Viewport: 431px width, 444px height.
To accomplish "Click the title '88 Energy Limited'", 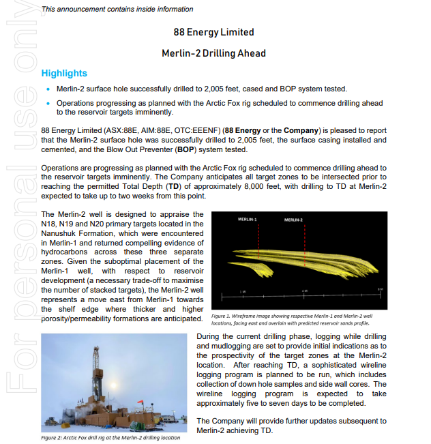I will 213,32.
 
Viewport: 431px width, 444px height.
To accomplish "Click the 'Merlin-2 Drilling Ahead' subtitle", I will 213,53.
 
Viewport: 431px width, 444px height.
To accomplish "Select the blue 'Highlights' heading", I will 64,73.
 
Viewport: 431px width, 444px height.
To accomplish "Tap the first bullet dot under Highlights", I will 47,89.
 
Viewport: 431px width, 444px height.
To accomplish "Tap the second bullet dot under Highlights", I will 47,104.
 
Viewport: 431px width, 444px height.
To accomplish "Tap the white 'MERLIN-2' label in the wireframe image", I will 294,220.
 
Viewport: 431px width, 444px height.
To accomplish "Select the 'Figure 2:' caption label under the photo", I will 55,437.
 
